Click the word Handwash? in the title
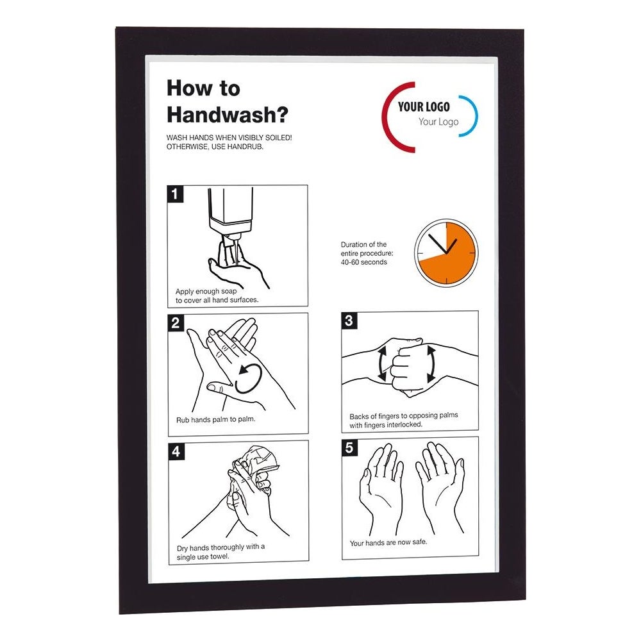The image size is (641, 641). click(x=228, y=115)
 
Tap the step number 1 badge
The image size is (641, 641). click(x=175, y=194)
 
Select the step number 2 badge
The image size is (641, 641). click(x=176, y=322)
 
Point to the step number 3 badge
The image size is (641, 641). click(x=349, y=320)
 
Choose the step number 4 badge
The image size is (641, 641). click(x=176, y=451)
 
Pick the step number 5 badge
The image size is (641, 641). click(x=349, y=447)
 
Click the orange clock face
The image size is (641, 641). click(x=446, y=253)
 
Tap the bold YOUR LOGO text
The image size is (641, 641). click(x=424, y=106)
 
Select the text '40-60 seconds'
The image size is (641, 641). click(x=364, y=262)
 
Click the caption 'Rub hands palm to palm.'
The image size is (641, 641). click(x=215, y=419)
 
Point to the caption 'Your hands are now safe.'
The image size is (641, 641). click(x=388, y=542)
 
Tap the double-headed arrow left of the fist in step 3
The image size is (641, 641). click(x=382, y=363)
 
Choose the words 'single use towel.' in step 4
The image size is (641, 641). click(x=203, y=557)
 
